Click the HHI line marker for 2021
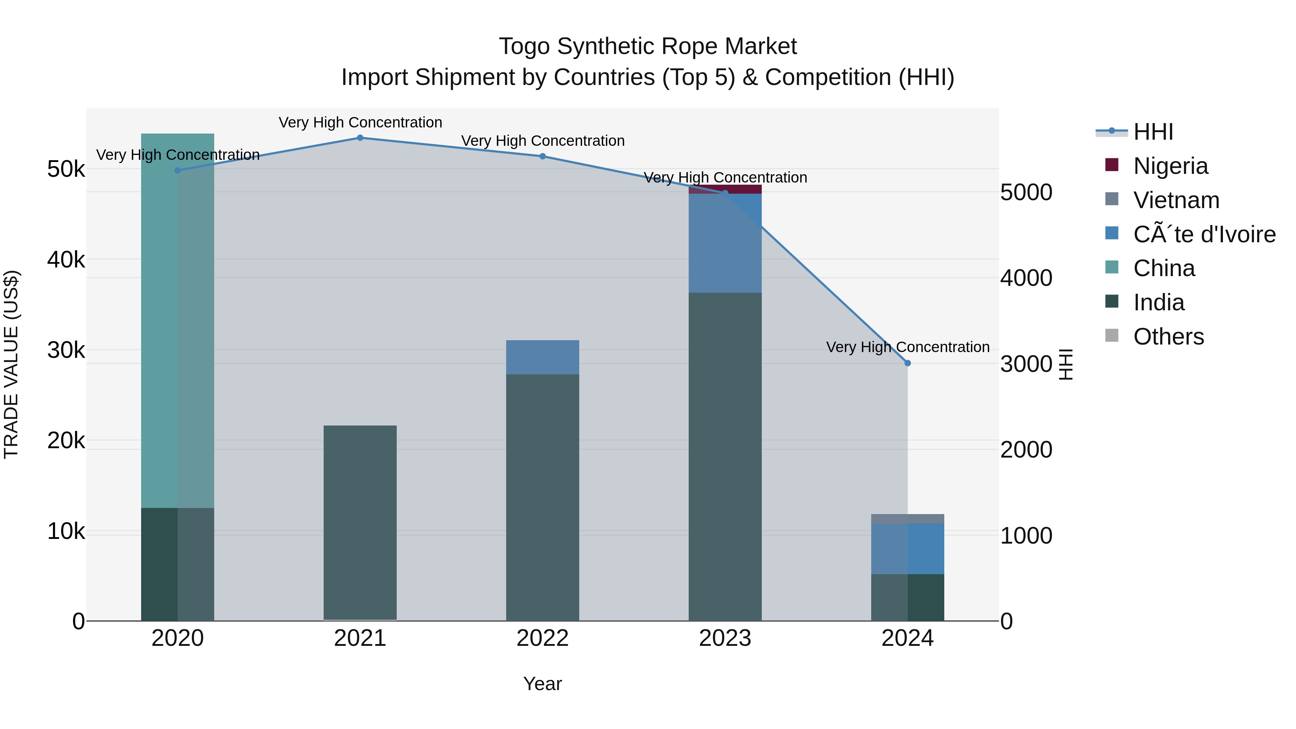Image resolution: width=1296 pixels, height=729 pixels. click(x=360, y=138)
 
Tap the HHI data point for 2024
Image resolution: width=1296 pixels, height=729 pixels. click(x=908, y=363)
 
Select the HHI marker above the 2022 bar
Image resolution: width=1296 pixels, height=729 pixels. click(x=543, y=157)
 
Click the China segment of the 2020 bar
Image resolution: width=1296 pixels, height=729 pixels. click(x=177, y=322)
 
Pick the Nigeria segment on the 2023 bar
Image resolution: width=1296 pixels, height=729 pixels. click(x=725, y=189)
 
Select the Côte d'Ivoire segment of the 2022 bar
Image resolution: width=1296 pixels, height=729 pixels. click(x=543, y=357)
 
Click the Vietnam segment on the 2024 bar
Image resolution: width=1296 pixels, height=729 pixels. click(x=908, y=519)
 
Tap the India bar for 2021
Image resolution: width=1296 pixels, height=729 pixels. click(x=360, y=523)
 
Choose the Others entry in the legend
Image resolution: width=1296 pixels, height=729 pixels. click(x=1168, y=337)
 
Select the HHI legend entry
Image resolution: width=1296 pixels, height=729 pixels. click(x=1153, y=132)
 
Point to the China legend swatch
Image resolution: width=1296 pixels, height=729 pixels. click(x=1111, y=267)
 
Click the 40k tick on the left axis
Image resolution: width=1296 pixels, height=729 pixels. click(x=66, y=260)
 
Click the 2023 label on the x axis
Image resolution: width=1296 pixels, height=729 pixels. click(x=725, y=638)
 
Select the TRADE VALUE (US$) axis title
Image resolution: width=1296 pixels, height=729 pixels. click(x=11, y=364)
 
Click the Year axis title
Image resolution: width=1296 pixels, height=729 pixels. click(x=543, y=684)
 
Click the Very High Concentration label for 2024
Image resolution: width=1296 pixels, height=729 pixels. click(x=908, y=347)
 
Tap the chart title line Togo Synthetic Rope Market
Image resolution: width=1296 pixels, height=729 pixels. click(x=648, y=46)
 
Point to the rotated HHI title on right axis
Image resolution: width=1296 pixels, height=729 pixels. click(x=1066, y=364)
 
